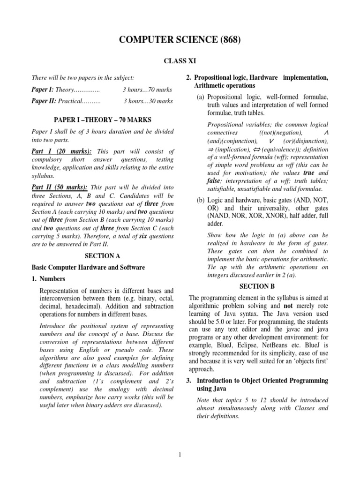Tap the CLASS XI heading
tap(180, 60)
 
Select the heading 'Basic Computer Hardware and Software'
tap(88, 267)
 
